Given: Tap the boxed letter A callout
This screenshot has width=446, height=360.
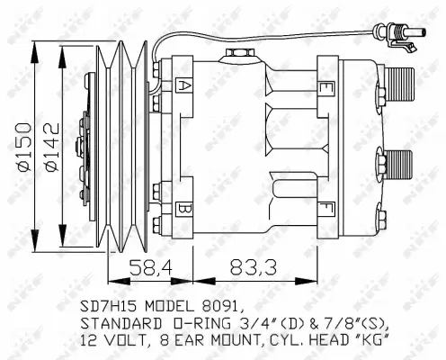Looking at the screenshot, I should coord(183,86).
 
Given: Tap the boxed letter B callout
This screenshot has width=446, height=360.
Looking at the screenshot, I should coord(183,210).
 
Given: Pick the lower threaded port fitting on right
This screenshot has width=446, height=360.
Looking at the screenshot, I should coord(401,166).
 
